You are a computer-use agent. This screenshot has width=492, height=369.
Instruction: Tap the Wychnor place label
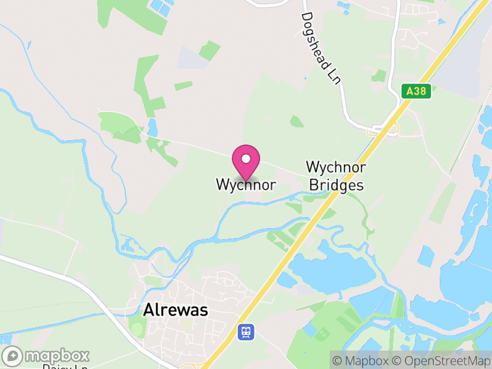tap(245, 184)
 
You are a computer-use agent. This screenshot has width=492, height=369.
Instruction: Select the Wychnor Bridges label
tap(336, 176)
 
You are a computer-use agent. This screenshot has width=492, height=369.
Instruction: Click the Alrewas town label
tap(175, 311)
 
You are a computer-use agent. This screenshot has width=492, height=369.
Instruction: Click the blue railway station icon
tap(246, 331)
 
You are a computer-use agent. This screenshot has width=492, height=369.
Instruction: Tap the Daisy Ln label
tap(65, 367)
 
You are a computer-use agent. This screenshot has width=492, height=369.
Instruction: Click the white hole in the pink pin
tap(246, 159)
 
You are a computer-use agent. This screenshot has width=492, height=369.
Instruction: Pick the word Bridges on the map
tap(336, 184)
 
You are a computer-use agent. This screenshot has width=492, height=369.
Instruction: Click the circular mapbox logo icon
tap(13, 356)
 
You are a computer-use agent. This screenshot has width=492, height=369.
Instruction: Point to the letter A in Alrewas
tap(148, 311)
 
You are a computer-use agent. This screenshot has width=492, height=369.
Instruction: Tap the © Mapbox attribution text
tap(363, 360)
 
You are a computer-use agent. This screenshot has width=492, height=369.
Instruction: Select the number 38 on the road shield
tap(422, 91)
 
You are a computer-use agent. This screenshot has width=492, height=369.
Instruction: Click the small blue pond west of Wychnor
tap(152, 128)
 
